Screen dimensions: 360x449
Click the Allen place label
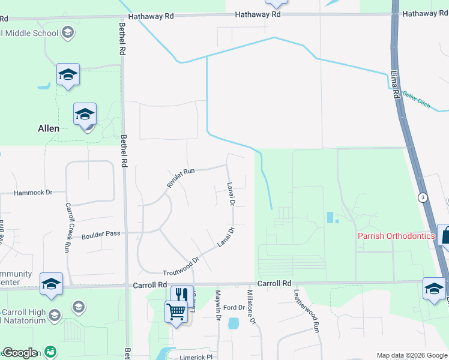[49, 128]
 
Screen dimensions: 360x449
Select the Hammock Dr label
[34, 193]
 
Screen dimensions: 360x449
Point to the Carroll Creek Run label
[68, 227]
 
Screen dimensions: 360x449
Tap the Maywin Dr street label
[218, 306]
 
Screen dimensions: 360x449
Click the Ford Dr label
[234, 308]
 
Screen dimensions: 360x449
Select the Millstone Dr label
[252, 307]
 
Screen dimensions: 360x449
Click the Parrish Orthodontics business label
[396, 236]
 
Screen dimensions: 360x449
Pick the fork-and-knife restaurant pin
[182, 295]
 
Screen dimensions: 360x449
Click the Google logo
[20, 353]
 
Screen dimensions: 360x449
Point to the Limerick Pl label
[197, 356]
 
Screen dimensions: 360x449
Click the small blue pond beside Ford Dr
[233, 323]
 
